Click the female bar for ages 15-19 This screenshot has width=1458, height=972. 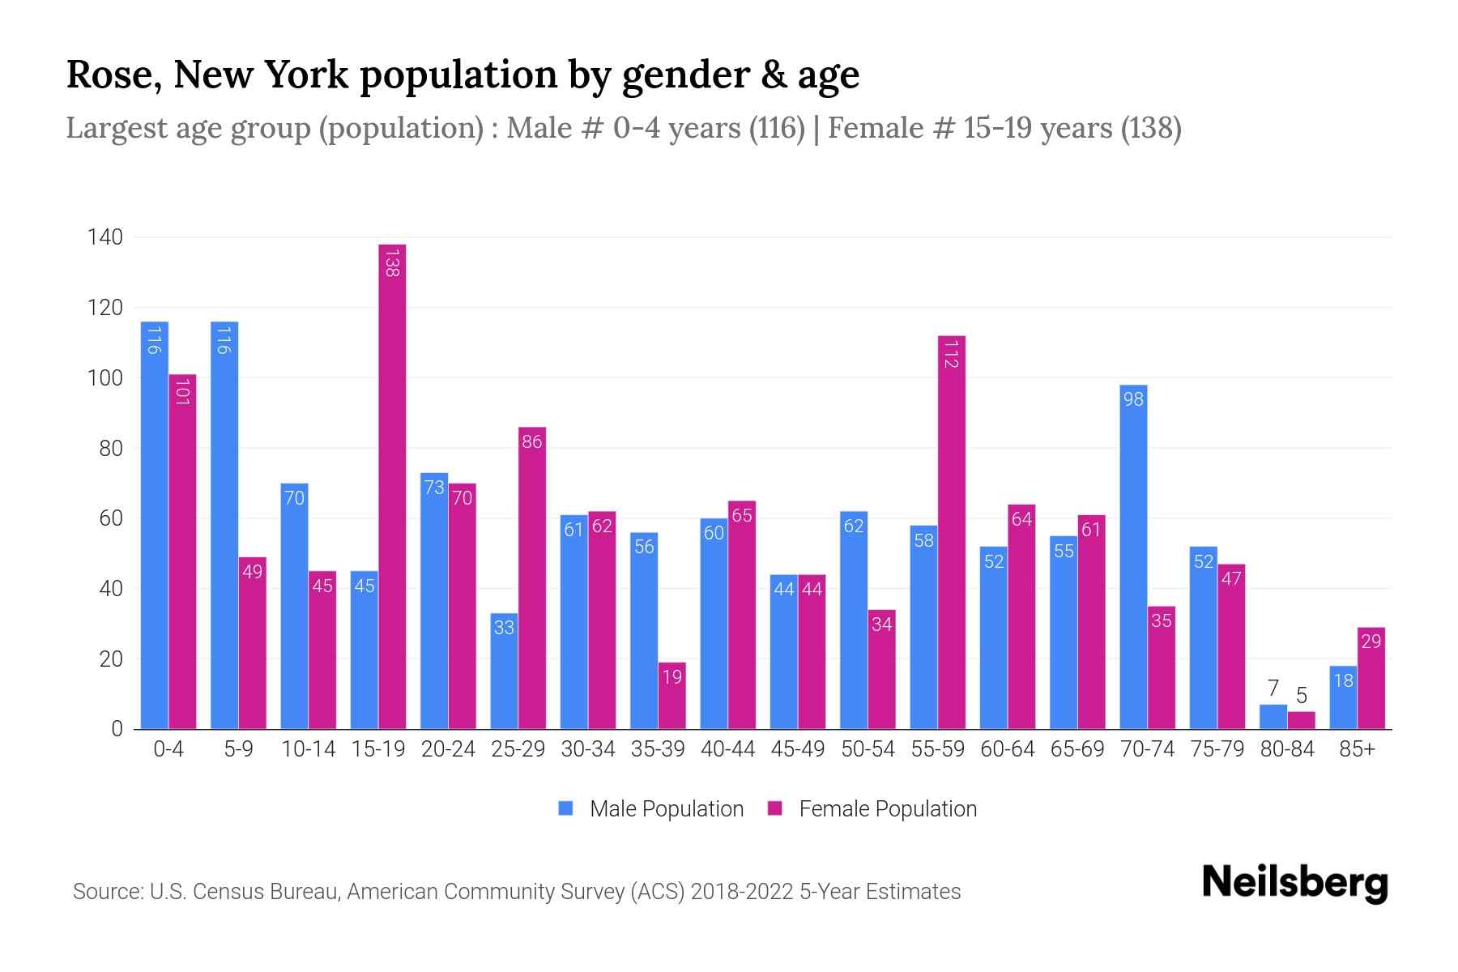pos(392,486)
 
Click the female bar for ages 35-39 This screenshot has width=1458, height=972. pos(671,696)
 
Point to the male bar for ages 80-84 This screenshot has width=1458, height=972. pos(1273,717)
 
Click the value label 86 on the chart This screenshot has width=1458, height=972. pos(532,442)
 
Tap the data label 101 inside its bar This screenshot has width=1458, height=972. pos(182,392)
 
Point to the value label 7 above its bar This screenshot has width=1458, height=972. pos(1273,688)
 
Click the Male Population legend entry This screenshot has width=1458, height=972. pos(651,809)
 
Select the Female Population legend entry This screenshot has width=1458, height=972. pos(873,809)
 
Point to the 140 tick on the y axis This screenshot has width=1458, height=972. pos(106,237)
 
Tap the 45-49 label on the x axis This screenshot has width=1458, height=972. pos(798,749)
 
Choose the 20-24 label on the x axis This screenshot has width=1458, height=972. pos(448,749)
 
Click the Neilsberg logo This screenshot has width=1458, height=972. pos(1294,883)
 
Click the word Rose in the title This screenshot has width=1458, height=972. pos(109,75)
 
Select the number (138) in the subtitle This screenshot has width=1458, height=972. pos(1150,128)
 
